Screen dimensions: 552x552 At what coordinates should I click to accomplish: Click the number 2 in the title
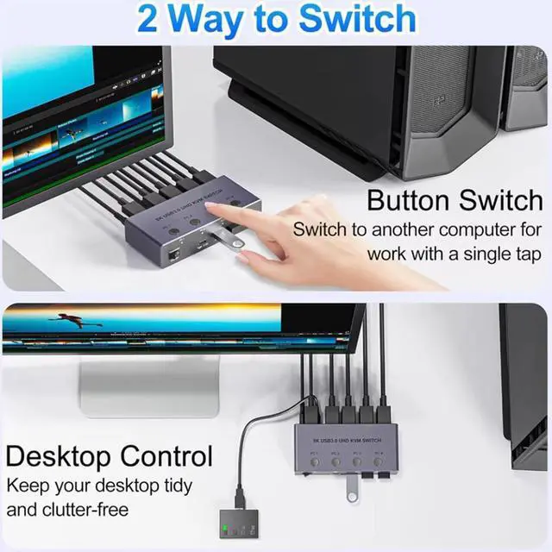(x=147, y=19)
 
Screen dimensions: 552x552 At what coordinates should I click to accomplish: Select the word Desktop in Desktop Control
(x=59, y=455)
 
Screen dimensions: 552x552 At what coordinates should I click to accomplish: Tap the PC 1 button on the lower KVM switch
(x=315, y=463)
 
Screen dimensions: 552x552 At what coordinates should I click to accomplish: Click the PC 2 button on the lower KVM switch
(x=336, y=463)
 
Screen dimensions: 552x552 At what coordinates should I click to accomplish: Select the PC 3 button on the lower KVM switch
(x=356, y=463)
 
